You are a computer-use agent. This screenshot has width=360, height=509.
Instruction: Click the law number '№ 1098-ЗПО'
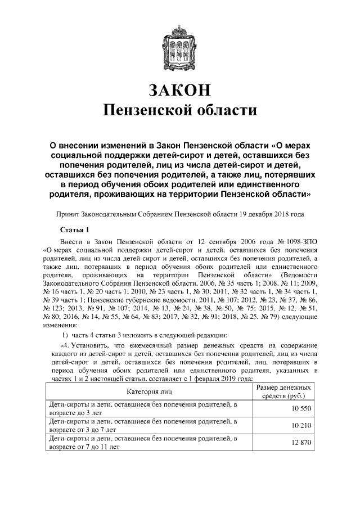coord(296,240)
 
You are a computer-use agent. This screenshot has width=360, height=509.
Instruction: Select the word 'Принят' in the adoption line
coord(66,214)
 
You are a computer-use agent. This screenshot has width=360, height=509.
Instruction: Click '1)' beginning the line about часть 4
coord(65,335)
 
